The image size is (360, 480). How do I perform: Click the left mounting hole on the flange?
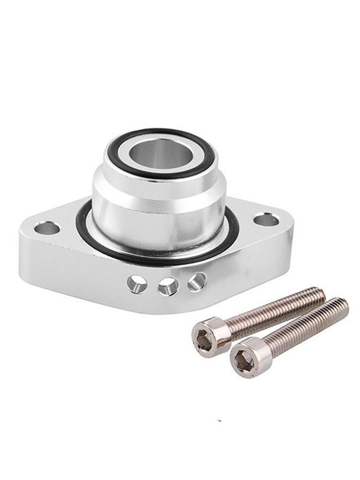[x=47, y=228]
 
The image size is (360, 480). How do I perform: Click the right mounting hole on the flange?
[x=266, y=220]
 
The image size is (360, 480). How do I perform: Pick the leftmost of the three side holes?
[x=137, y=284]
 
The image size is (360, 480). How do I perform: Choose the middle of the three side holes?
[x=168, y=286]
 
